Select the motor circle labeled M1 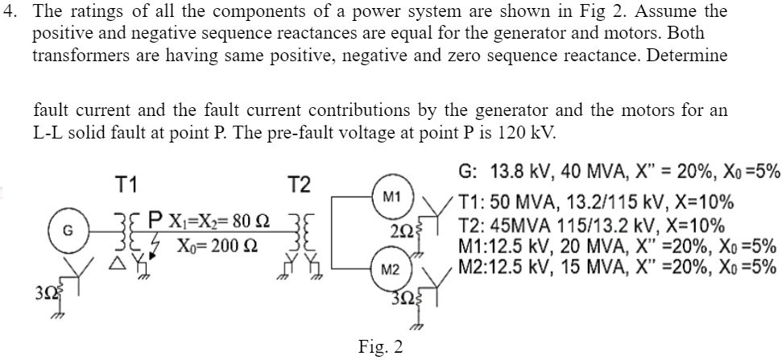coord(391,196)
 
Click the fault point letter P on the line coord(154,218)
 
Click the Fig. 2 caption coord(381,347)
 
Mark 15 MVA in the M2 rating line coord(590,267)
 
